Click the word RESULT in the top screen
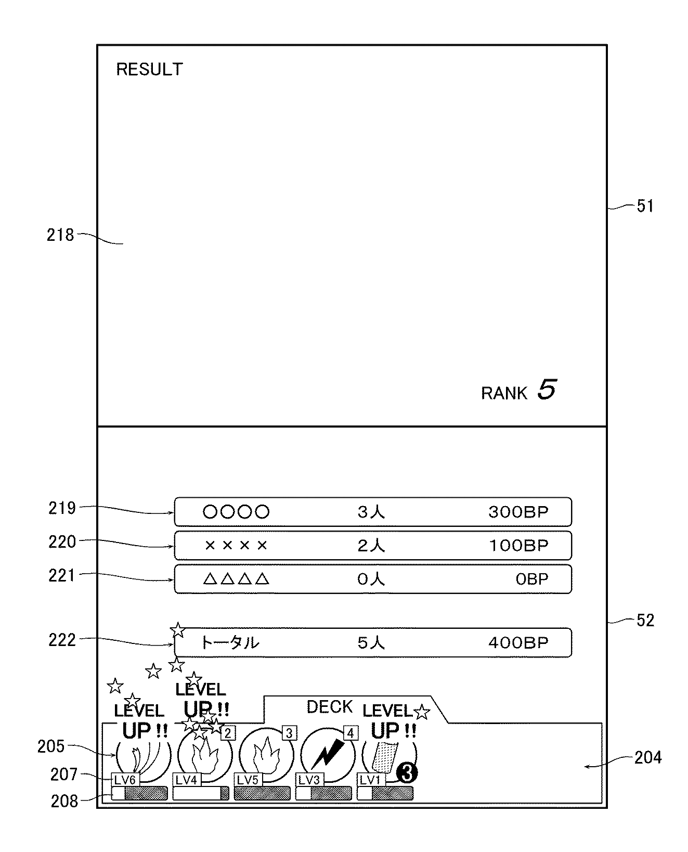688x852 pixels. tap(149, 69)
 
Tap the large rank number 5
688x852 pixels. tap(547, 390)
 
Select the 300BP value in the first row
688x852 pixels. tap(518, 512)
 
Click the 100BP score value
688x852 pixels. tap(518, 546)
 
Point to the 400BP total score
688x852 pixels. tap(518, 643)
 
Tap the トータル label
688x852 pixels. tap(230, 643)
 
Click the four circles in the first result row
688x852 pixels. tap(236, 512)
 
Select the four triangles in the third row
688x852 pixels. tap(236, 579)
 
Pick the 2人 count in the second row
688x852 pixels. tap(371, 546)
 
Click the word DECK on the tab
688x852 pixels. tap(330, 707)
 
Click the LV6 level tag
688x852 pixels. tap(125, 780)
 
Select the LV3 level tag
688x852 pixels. tap(309, 780)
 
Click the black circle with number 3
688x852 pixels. tap(407, 774)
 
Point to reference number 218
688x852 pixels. tap(61, 235)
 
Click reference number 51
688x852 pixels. tap(645, 206)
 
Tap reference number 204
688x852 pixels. tap(648, 757)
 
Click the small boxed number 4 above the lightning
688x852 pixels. tap(351, 733)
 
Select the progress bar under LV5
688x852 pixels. tap(262, 793)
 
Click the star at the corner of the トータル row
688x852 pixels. tap(178, 630)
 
